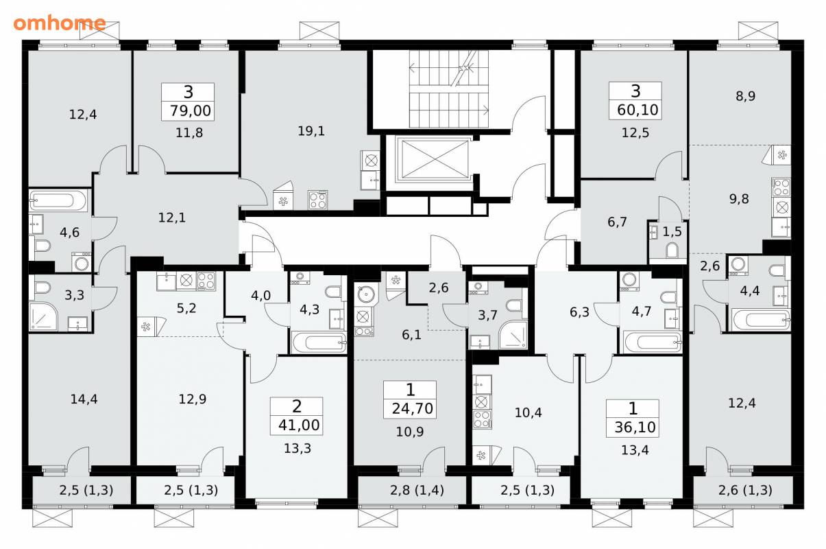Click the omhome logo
point(60,23)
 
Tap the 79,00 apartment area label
point(191,110)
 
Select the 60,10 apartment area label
point(637,110)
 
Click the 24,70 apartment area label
point(412,409)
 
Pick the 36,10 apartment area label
point(635,427)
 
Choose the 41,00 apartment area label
point(299,425)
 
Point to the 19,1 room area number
point(311,131)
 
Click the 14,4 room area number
point(84,399)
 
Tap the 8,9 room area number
point(746,96)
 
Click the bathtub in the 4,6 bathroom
point(59,200)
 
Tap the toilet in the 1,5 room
point(672,250)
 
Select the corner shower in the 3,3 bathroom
point(42,317)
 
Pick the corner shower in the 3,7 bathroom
point(513,335)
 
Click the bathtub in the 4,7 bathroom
point(653,342)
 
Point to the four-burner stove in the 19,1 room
point(318,200)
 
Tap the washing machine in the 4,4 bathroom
point(738,266)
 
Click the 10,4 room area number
point(528,412)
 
